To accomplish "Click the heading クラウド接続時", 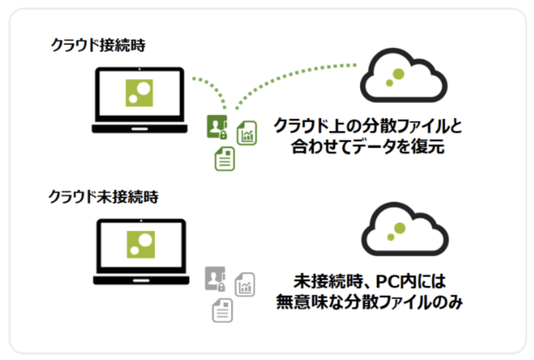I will pos(98,46).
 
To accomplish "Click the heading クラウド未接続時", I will pos(104,198).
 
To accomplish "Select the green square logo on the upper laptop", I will pos(139,93).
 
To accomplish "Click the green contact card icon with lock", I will pos(216,127).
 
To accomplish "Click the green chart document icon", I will pos(247,134).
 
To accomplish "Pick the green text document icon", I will pos(225,159).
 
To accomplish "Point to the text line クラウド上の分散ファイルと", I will pos(368,126).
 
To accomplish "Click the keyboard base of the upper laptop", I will pos(139,128).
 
